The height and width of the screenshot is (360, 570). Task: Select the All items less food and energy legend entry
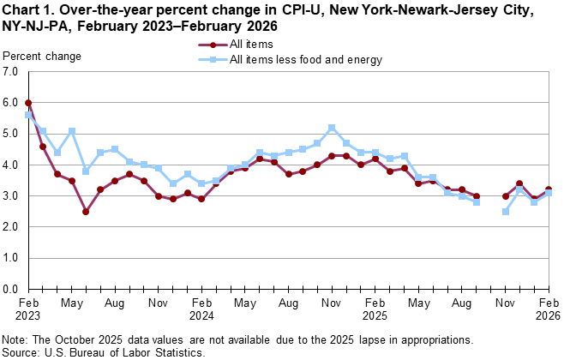point(305,60)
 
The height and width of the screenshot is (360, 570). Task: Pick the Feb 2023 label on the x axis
point(28,309)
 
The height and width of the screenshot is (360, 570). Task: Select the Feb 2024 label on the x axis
point(201,309)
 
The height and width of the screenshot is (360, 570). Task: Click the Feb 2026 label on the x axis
point(549,309)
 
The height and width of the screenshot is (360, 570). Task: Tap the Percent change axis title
point(43,57)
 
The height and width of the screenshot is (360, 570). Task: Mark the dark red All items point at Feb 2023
point(28,103)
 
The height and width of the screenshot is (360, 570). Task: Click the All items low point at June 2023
point(86,211)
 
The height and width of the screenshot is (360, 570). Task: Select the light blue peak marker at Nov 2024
point(332,128)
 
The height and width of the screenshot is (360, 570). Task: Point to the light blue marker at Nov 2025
point(505,211)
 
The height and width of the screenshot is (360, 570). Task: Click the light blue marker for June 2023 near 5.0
point(72,131)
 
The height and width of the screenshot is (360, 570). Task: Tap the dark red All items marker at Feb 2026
point(549,190)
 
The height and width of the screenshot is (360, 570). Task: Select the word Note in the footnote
point(16,340)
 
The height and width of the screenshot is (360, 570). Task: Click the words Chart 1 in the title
point(26,10)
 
